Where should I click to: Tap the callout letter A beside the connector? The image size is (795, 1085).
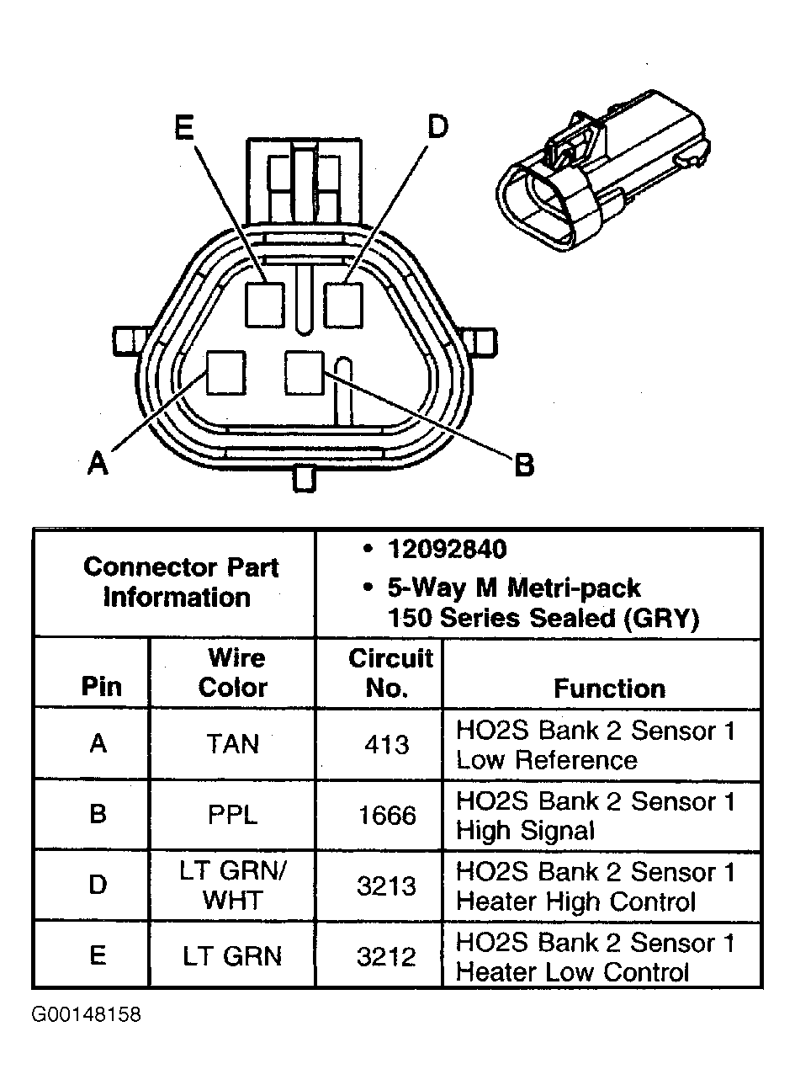coord(98,462)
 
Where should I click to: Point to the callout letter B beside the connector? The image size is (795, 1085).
coord(524,465)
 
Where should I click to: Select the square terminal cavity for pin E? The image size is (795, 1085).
coord(265,304)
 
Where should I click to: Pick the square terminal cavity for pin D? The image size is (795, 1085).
coord(343,304)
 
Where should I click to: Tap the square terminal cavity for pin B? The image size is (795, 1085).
coord(304,372)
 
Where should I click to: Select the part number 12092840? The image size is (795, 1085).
coord(447,550)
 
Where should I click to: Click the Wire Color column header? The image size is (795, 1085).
coord(232,672)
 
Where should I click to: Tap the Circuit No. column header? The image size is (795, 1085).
coord(390,672)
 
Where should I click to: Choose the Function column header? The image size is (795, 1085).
coord(609,689)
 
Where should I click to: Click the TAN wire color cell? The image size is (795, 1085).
coord(232,744)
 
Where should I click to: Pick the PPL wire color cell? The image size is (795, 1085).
coord(232,816)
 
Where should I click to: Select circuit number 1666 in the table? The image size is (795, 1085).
coord(387,816)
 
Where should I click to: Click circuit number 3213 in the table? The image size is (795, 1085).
coord(387,886)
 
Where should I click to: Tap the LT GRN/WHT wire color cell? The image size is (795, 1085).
coord(232,886)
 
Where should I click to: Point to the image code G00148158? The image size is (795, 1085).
coord(87,1014)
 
